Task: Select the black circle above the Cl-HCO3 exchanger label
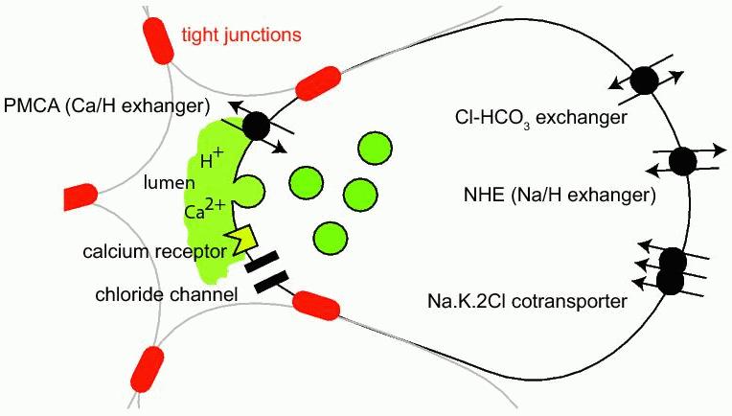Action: click(x=643, y=82)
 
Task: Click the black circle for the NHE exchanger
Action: click(x=681, y=161)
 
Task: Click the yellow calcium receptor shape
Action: click(x=243, y=240)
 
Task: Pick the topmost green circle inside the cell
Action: click(x=375, y=148)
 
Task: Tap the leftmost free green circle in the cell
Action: click(x=306, y=181)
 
